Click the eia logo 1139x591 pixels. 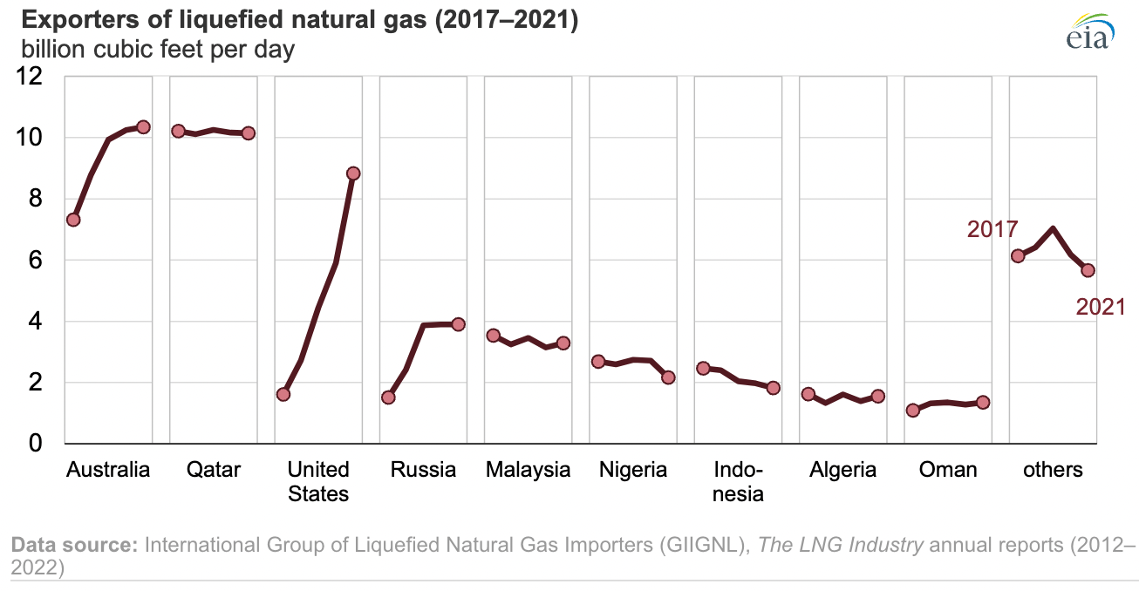click(x=1089, y=33)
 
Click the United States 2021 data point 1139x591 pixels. click(x=353, y=173)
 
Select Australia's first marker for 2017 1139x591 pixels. click(x=73, y=220)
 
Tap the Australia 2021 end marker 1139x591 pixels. click(x=144, y=127)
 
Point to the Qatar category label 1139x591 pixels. click(x=214, y=470)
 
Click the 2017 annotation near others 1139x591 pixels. click(x=992, y=229)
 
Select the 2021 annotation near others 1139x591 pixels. click(x=1101, y=307)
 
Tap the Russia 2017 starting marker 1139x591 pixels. click(x=388, y=397)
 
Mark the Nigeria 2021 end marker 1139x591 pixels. click(x=669, y=377)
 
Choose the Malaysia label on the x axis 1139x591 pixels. click(x=528, y=470)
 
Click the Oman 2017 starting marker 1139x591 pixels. click(x=913, y=410)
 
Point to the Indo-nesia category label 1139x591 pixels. click(x=738, y=482)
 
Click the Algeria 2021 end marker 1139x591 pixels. click(x=878, y=396)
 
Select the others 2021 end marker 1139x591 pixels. click(x=1088, y=270)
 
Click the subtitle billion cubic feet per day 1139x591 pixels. click(x=153, y=50)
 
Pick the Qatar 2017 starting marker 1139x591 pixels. click(x=178, y=131)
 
